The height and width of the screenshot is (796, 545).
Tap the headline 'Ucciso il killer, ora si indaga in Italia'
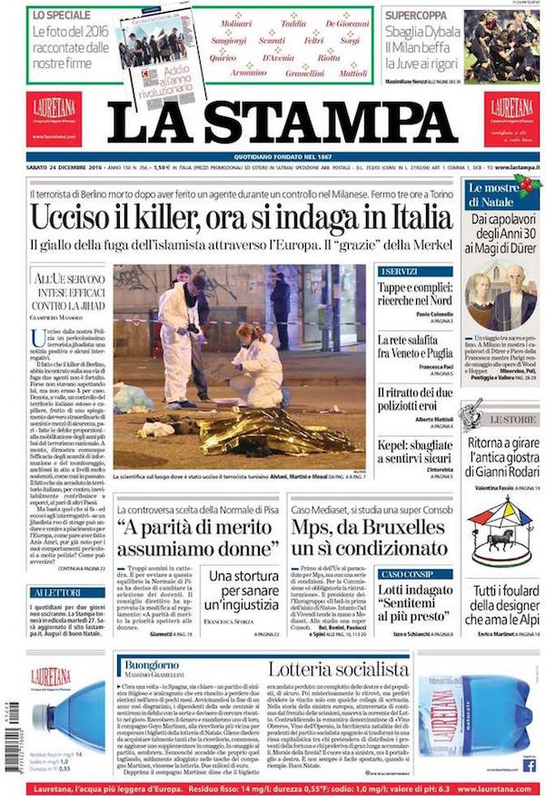[x=241, y=218]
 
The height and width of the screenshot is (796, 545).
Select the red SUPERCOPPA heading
[x=419, y=15]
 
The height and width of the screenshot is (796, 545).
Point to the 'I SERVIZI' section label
[x=400, y=272]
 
